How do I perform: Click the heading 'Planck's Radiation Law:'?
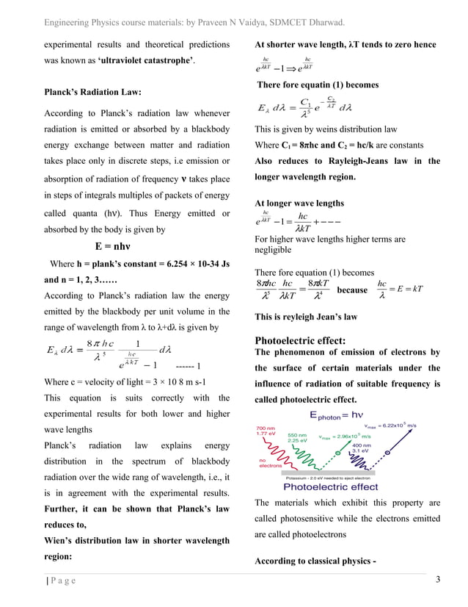pyautogui.click(x=93, y=93)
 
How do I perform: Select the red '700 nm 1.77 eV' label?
pyautogui.click(x=266, y=431)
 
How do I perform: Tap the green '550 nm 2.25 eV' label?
pyautogui.click(x=298, y=438)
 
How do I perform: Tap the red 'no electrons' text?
pyautogui.click(x=270, y=462)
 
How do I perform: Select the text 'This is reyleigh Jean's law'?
pyautogui.click(x=306, y=317)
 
